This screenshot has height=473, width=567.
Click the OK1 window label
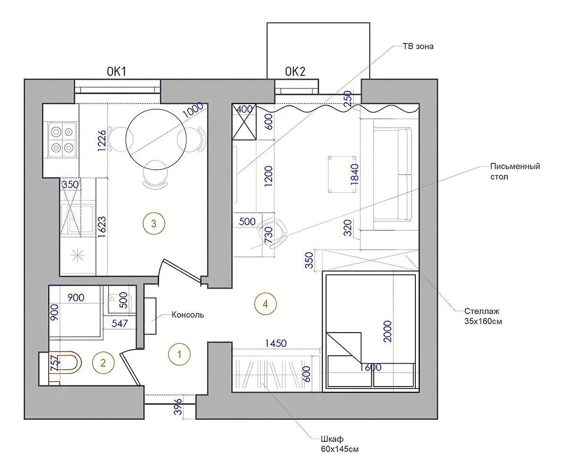(117, 71)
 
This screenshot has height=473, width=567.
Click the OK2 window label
(295, 71)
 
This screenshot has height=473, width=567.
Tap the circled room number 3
(154, 223)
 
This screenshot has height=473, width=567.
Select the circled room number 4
(265, 304)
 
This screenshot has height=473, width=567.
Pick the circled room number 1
(179, 354)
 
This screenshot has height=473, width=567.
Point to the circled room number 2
(103, 363)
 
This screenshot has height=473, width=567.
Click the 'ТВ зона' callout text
(418, 46)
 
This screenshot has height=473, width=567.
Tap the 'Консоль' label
(188, 315)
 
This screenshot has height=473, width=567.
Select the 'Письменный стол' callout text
(515, 172)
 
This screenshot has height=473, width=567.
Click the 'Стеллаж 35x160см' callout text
(483, 316)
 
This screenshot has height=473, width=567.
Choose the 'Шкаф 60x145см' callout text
(339, 444)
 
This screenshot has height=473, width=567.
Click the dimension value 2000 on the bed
(388, 331)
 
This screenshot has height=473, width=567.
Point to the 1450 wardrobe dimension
(275, 343)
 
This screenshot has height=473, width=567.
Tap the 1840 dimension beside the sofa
(355, 174)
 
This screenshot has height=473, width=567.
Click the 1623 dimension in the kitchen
(102, 227)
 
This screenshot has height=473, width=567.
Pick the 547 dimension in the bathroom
(120, 323)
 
